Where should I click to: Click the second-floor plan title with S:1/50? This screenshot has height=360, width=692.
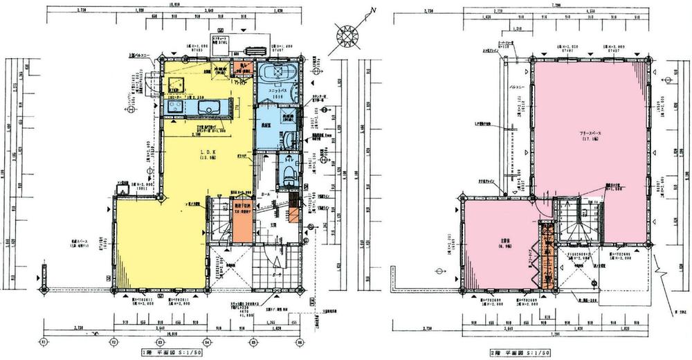click(519, 352)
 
